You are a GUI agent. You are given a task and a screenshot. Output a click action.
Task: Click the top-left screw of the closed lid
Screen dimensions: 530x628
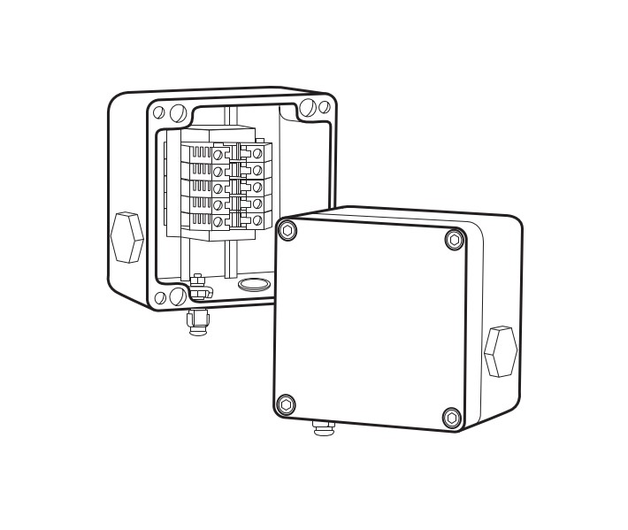287,232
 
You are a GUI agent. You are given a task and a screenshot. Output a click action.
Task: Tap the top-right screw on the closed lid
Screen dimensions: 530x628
454,240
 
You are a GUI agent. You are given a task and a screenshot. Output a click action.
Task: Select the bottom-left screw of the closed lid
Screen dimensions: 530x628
286,405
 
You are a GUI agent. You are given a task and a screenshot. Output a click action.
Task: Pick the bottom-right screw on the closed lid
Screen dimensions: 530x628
451,418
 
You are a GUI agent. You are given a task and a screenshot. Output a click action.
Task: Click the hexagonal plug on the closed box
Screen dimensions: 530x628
501,351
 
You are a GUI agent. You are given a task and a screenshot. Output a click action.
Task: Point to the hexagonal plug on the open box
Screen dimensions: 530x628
126,236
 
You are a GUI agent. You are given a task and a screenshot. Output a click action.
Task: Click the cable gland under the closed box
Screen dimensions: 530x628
324,429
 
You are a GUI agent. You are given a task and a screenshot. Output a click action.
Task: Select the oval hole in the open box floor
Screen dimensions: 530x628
255,284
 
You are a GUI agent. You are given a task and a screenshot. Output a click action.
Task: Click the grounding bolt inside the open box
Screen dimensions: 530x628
198,285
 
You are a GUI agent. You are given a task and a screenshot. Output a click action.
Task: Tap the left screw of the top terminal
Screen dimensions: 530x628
217,155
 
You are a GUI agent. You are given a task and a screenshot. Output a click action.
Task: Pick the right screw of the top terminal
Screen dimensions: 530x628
257,153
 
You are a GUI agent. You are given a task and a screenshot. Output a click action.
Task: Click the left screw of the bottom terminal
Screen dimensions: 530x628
217,219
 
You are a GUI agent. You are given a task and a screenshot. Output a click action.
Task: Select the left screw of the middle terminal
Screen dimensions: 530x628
217,188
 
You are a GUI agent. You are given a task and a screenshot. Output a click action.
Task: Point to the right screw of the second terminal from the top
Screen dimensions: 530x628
257,170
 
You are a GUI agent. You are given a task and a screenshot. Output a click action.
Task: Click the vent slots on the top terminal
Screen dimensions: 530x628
197,152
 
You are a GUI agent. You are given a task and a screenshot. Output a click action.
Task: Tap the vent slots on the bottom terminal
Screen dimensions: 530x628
197,218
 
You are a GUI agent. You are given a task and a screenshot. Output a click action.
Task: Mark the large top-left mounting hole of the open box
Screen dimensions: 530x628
177,113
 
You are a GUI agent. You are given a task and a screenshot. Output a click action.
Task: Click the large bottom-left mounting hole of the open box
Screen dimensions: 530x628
176,296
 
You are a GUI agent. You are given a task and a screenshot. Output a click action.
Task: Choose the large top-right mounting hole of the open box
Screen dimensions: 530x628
308,109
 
